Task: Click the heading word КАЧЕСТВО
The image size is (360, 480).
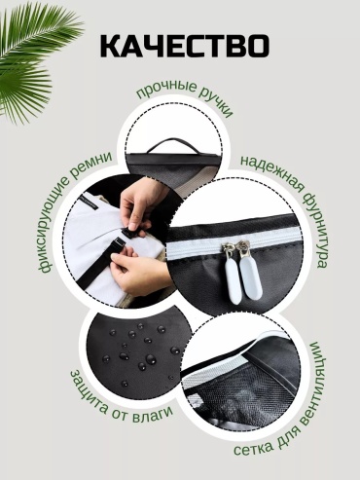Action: (184, 47)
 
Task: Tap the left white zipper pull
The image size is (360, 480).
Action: (233, 276)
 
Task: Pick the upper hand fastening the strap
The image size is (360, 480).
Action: (139, 203)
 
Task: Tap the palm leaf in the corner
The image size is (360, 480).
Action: (32, 58)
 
